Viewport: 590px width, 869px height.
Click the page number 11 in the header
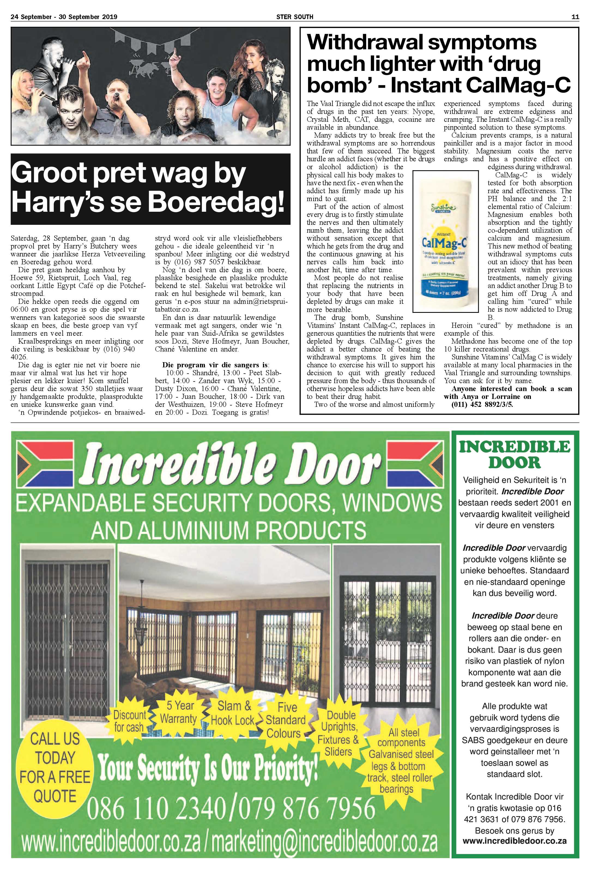[575, 16]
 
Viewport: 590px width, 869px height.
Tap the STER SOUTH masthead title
[295, 16]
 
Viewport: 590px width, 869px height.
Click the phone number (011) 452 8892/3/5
[482, 404]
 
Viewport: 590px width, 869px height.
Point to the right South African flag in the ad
[415, 465]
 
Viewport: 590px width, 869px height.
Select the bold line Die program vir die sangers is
[215, 365]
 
